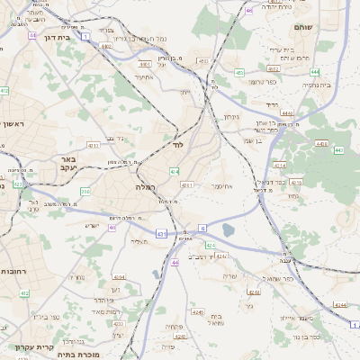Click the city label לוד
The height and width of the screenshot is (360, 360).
click(178, 143)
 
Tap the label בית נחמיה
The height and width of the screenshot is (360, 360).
click(316, 85)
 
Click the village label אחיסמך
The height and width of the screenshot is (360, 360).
click(223, 186)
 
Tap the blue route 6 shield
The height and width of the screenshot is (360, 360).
click(202, 228)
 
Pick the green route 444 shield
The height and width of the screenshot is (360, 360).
click(315, 70)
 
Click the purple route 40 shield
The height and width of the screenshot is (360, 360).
click(112, 228)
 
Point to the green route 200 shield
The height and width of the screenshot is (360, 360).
click(85, 191)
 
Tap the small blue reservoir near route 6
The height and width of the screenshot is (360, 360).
click(228, 230)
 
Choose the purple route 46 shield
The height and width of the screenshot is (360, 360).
click(247, 10)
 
